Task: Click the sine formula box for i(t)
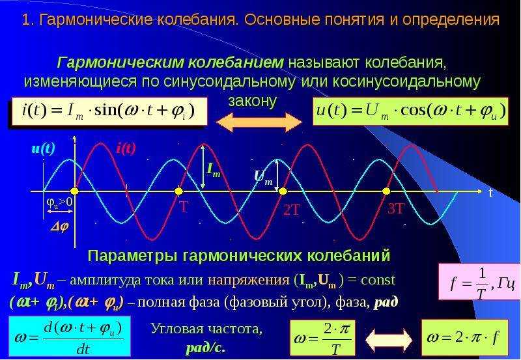coord(109,111)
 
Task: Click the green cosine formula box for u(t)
coord(411,111)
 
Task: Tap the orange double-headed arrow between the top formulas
coord(259,122)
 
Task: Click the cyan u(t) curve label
coord(43,148)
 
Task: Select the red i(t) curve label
coord(126,148)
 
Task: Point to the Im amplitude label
coord(214,169)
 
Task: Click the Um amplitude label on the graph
coord(263,178)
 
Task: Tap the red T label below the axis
coord(184,207)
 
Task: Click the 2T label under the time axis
coord(292,210)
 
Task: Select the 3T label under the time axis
coord(396,209)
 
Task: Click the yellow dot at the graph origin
coord(74,191)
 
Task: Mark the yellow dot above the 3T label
coord(386,191)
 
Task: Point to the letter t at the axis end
coord(490,193)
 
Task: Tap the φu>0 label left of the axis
coord(59,202)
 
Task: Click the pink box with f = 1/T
coord(479,282)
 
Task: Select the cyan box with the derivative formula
coord(70,336)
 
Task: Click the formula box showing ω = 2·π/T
coord(322,338)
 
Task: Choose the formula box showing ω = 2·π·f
coord(465,338)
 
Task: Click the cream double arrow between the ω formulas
coord(388,340)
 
